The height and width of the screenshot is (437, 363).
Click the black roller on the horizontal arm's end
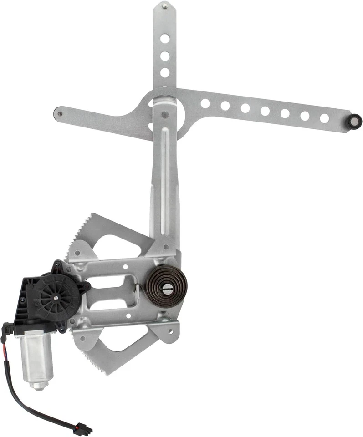click(354, 121)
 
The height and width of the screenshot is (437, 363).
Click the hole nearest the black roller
click(324, 118)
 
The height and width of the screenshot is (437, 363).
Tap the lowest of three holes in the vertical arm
click(165, 72)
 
